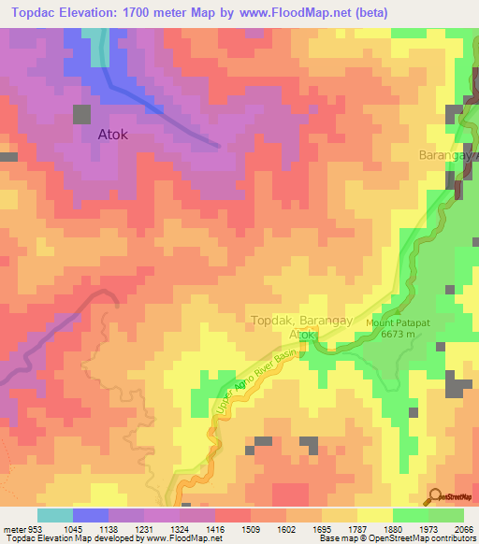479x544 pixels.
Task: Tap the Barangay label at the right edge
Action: coord(448,155)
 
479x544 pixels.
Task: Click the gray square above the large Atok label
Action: coord(82,114)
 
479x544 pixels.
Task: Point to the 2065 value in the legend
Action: coord(452,528)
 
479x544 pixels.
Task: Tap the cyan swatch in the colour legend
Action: coord(55,515)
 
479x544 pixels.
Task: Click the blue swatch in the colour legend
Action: coord(91,515)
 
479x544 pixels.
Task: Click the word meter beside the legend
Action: coord(14,528)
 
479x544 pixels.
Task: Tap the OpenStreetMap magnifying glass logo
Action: coord(432,496)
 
